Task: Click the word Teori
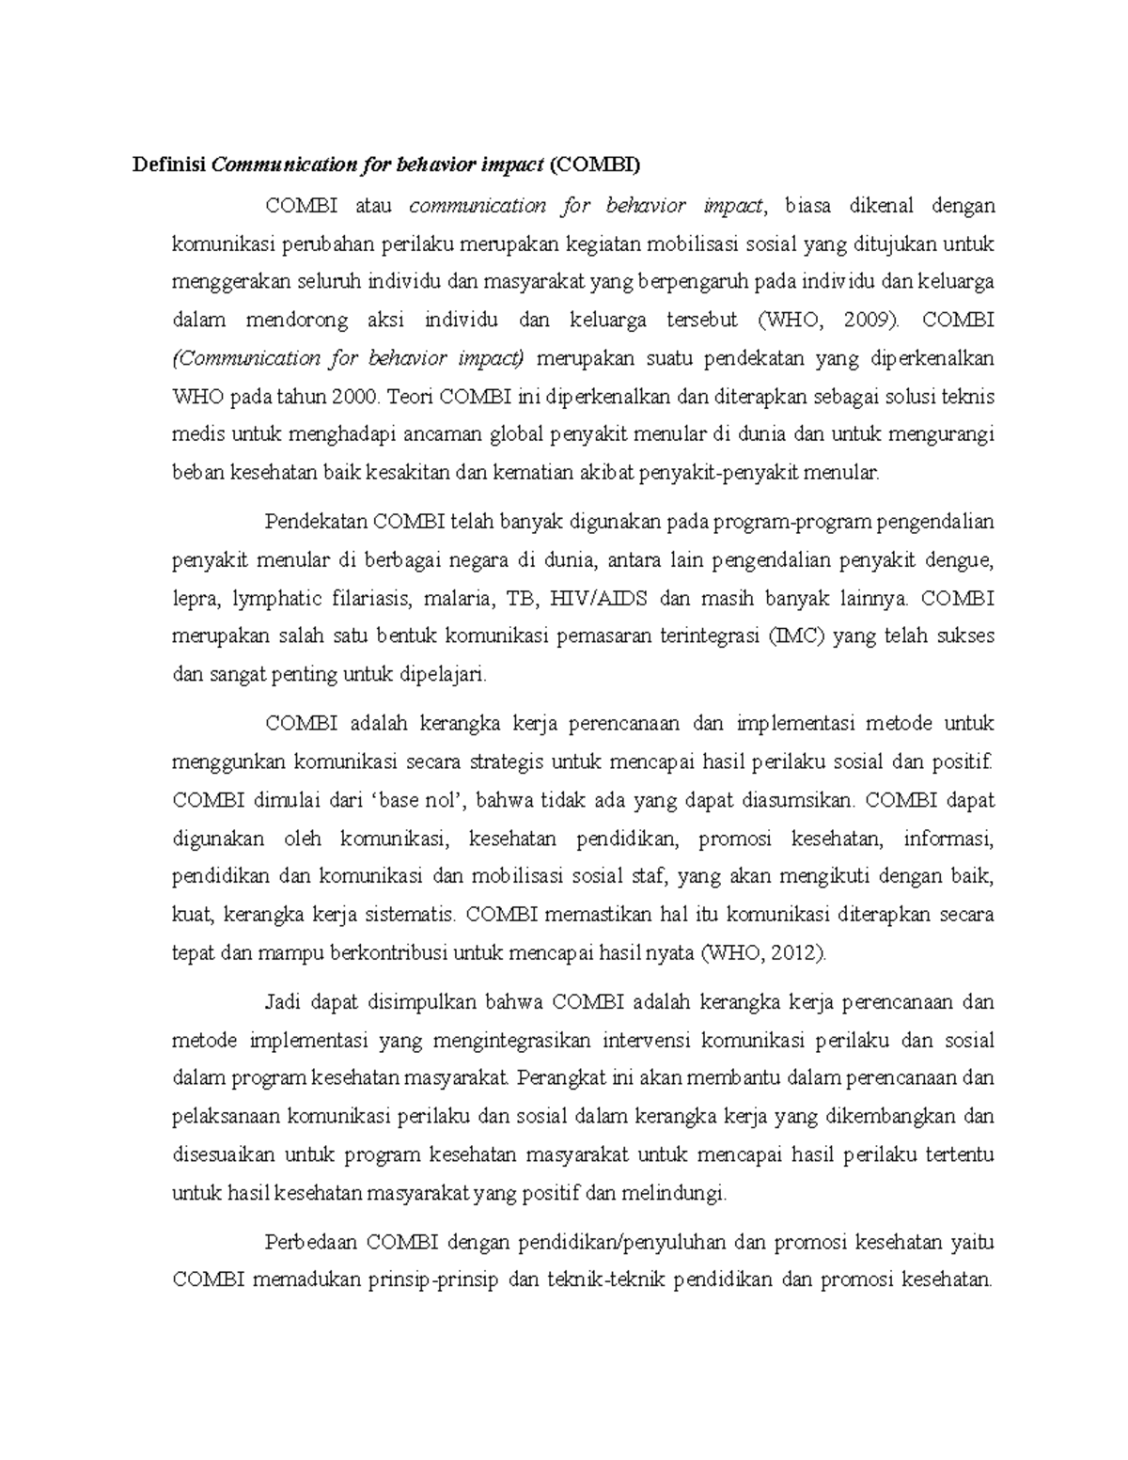407,396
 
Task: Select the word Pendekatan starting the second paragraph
316,522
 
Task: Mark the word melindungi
680,1194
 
